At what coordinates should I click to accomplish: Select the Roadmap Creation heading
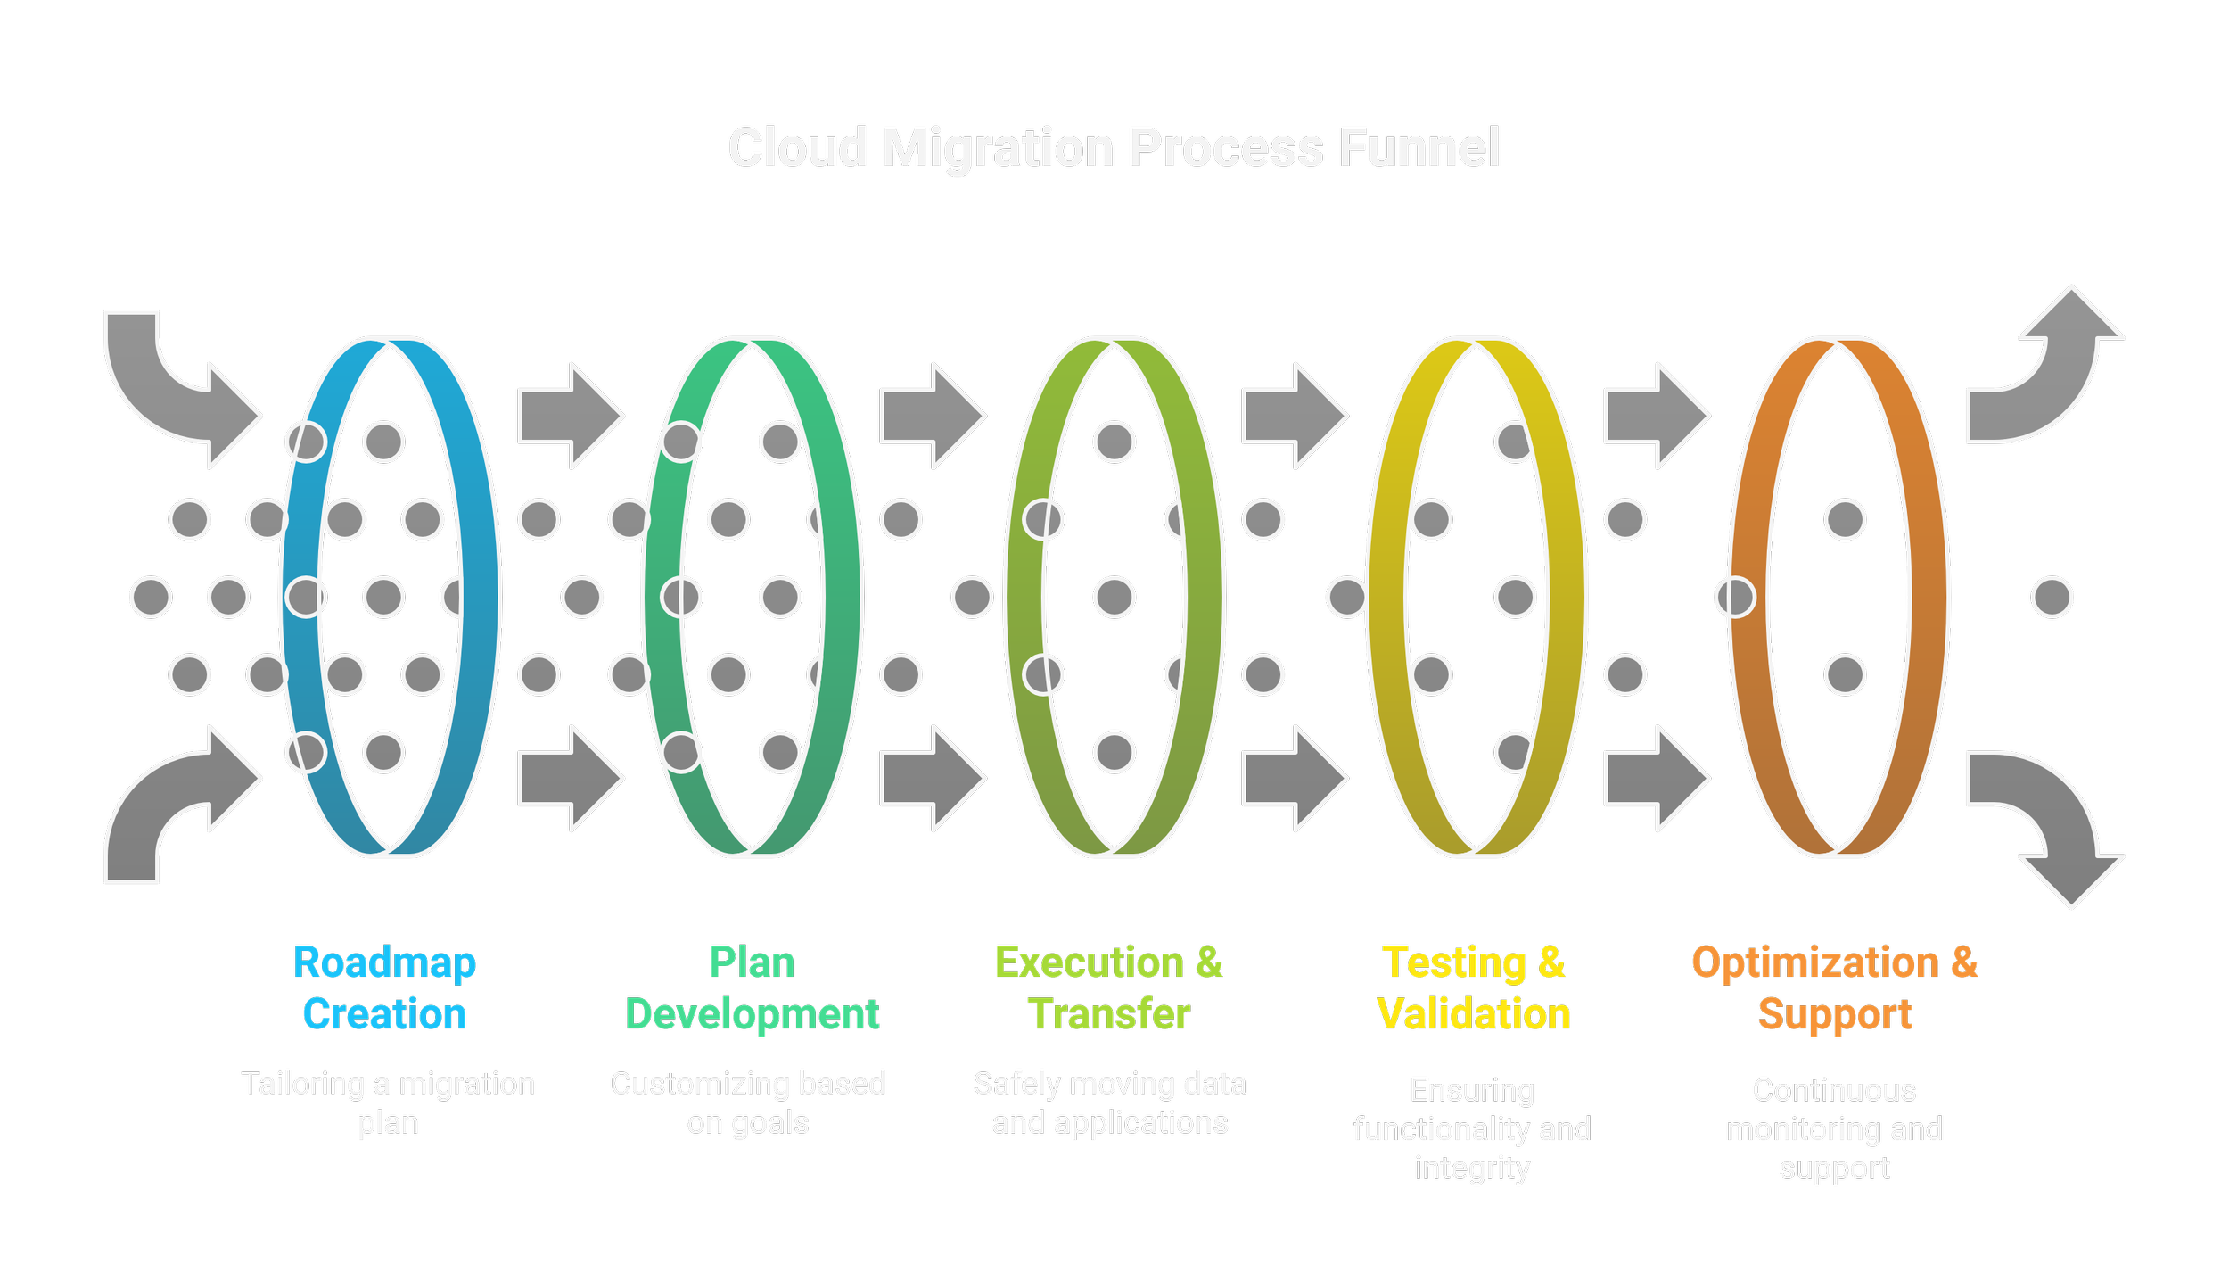(384, 987)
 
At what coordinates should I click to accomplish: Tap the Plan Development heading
(752, 987)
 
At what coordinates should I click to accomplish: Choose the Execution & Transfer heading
(1108, 987)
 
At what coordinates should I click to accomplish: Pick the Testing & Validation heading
(1473, 987)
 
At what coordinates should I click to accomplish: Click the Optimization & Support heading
(1834, 987)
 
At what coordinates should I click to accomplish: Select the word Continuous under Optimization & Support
(1834, 1090)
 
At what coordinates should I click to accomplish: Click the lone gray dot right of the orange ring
(2052, 597)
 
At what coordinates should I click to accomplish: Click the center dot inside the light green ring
(1114, 597)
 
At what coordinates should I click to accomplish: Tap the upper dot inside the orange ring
(1845, 519)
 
